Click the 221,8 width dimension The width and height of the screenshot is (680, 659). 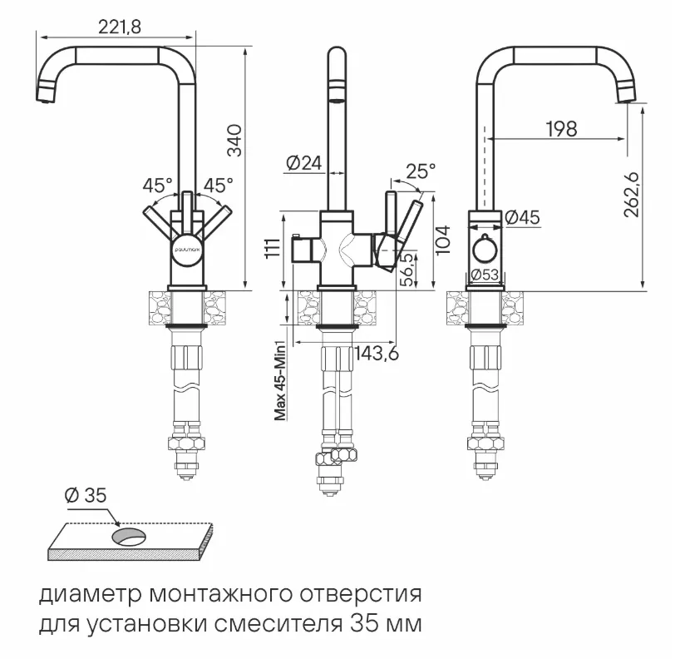[120, 27]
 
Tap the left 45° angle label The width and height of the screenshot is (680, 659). [158, 185]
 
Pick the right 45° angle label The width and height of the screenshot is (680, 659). [219, 185]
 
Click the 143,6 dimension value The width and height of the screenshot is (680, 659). [377, 353]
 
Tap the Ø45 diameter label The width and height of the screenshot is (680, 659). [522, 218]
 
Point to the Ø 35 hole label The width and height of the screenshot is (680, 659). [86, 495]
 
